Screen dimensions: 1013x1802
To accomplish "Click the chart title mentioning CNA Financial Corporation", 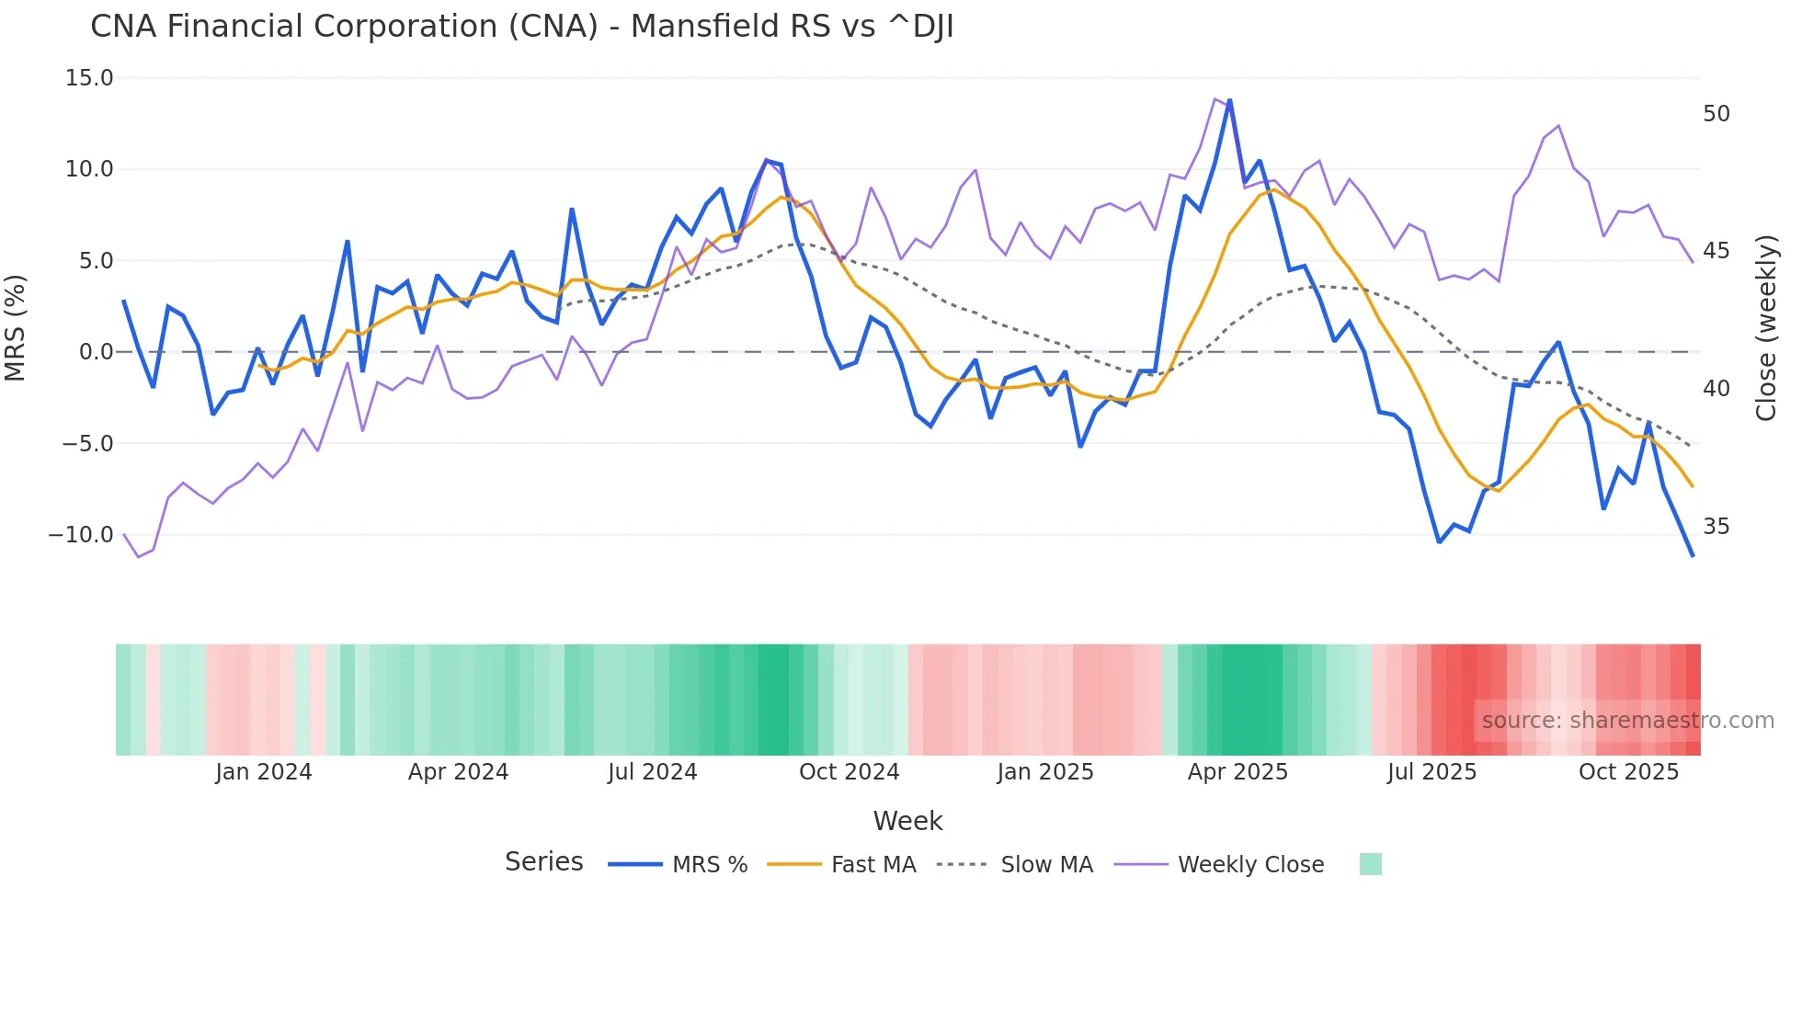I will click(x=521, y=27).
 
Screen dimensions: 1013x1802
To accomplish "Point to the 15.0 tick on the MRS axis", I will click(x=89, y=78).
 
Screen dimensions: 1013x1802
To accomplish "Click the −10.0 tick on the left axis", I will click(x=81, y=535).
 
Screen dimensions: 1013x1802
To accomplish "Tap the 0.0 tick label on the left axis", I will click(x=96, y=352).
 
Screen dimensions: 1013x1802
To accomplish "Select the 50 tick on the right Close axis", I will click(x=1716, y=114).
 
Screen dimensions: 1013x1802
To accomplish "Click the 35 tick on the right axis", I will click(x=1716, y=527).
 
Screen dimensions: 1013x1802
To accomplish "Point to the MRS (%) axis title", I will click(x=16, y=328).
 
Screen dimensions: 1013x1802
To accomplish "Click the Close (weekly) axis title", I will click(x=1765, y=328).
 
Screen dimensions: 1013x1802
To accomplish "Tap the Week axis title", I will click(x=907, y=821).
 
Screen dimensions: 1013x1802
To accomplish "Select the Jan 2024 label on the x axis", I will click(x=264, y=772).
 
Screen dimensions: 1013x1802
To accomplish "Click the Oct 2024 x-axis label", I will click(x=849, y=772).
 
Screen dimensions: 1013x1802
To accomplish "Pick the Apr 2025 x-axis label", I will click(x=1237, y=772).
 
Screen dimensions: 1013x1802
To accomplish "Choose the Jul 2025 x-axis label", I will click(x=1431, y=772).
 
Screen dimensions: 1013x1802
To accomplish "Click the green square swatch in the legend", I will click(x=1370, y=864).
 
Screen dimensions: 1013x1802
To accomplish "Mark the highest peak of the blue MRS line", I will click(x=1229, y=101).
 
